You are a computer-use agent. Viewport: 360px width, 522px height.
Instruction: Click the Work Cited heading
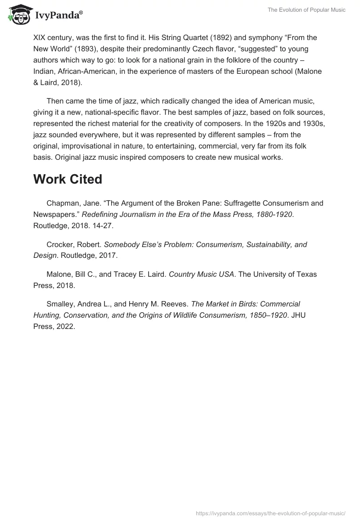67,179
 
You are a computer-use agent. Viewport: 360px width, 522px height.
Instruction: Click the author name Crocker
60,245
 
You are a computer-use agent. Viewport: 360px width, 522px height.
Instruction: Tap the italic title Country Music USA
201,274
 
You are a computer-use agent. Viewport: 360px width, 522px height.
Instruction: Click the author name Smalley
61,304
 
